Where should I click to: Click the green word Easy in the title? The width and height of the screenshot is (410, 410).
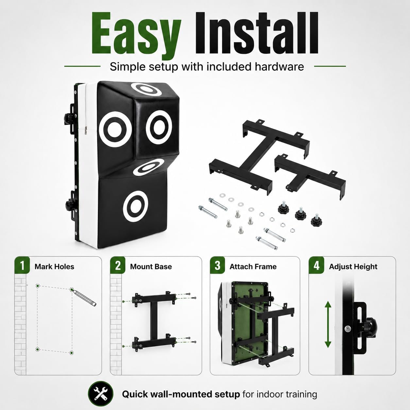point(136,35)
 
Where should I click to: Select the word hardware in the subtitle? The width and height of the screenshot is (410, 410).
point(279,67)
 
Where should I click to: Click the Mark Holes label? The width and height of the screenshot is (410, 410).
point(55,266)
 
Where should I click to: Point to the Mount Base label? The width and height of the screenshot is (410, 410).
point(151,266)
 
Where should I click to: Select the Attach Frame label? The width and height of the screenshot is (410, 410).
point(253,266)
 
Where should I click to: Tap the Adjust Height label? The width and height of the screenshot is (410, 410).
point(353,267)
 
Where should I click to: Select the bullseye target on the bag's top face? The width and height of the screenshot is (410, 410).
point(149,89)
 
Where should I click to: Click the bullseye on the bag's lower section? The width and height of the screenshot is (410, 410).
point(136,206)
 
